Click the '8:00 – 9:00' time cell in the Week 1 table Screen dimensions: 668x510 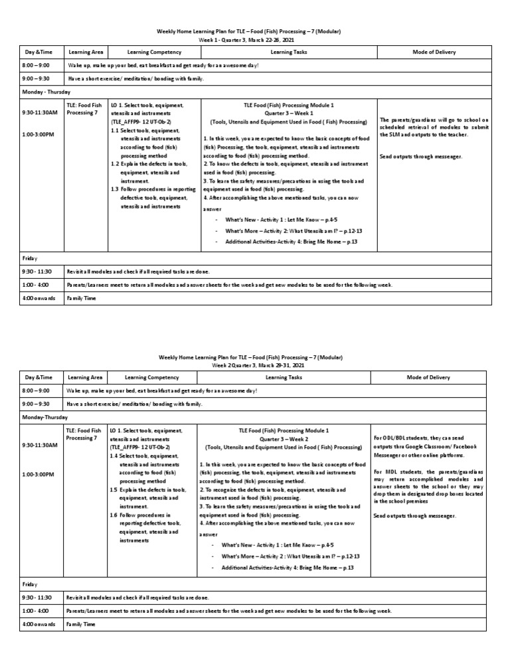coord(37,65)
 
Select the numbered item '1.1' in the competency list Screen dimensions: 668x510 coord(116,131)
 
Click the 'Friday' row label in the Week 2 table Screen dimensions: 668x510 coord(30,584)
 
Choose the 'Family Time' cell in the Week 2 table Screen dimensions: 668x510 coord(80,625)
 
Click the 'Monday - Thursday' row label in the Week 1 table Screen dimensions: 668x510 coord(46,92)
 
